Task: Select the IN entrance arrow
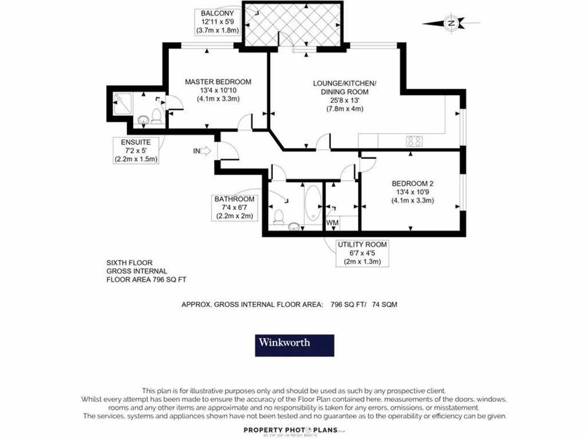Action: (x=202, y=151)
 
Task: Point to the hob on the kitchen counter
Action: (x=414, y=141)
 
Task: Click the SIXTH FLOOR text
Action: (x=129, y=262)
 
